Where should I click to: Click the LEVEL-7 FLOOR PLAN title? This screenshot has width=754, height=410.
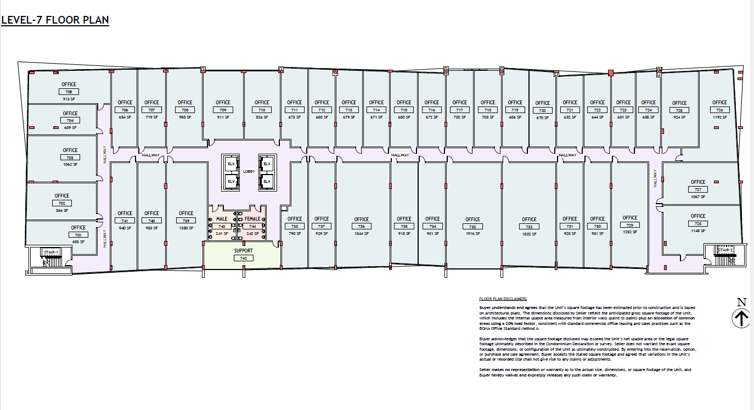point(55,20)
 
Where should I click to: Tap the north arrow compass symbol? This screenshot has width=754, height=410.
point(741,318)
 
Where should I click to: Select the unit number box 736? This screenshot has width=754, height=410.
point(361,226)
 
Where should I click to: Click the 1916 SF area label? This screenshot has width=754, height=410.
point(472,233)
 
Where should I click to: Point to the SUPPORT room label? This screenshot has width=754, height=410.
point(243,251)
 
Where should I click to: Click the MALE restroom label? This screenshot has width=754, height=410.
point(222,219)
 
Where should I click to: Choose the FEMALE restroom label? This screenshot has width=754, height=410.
point(252,219)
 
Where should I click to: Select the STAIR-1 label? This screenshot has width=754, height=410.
point(50,252)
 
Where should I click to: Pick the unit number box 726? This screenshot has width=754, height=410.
point(719,110)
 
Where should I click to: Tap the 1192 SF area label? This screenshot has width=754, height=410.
point(719,117)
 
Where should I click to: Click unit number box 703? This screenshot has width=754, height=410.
point(70,158)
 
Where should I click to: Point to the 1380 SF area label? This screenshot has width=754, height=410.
point(186,228)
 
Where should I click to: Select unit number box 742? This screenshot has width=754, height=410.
point(243,257)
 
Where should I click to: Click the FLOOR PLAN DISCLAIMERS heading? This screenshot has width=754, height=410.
point(503,299)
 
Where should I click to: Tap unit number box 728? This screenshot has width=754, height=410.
point(698,223)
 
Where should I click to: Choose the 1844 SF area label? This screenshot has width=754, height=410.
point(361,233)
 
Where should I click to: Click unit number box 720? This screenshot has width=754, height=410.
point(542,110)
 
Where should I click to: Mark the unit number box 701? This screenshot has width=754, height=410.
point(78,235)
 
